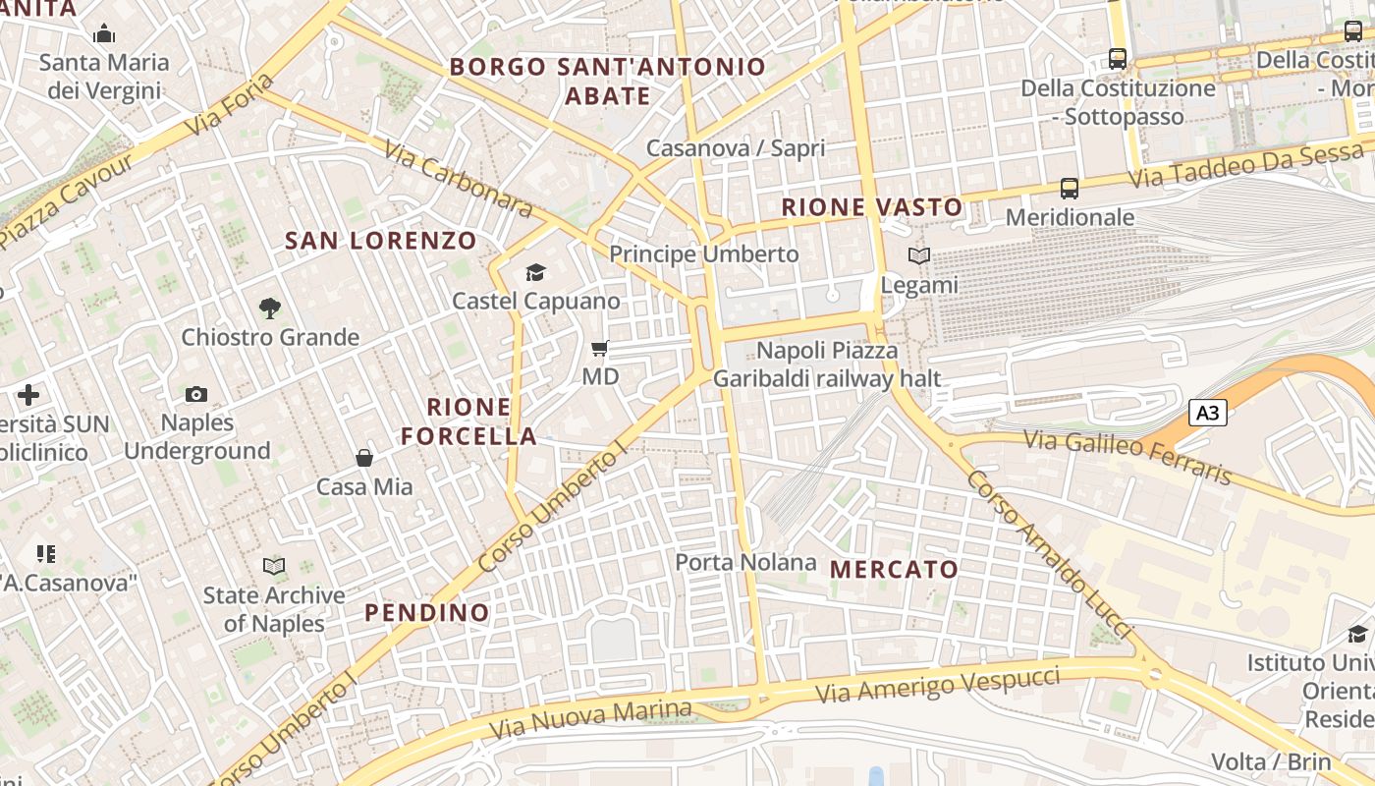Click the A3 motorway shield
click(x=1208, y=413)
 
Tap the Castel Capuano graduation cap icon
click(x=535, y=272)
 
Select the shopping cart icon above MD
click(x=600, y=348)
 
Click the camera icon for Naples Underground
click(x=196, y=394)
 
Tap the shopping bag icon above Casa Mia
click(x=364, y=458)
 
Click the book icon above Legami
click(x=919, y=256)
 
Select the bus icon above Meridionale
click(x=1070, y=188)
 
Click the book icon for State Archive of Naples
click(x=274, y=566)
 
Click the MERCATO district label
click(x=894, y=570)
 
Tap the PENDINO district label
click(x=426, y=613)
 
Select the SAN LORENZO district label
click(x=380, y=241)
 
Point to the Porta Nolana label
click(x=745, y=562)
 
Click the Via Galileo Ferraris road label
click(x=1127, y=457)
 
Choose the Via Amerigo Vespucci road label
click(x=938, y=684)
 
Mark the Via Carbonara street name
click(x=458, y=179)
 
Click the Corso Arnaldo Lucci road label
click(x=1048, y=553)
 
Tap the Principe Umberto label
click(x=704, y=254)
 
